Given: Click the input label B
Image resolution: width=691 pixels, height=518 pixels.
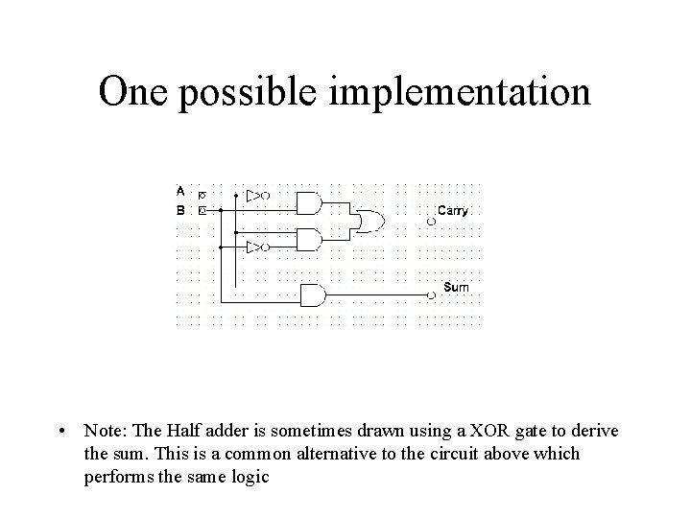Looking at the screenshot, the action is [180, 207].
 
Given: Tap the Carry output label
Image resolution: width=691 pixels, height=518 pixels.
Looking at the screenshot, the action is [453, 210].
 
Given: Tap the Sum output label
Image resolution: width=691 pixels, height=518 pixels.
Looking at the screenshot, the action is [456, 287].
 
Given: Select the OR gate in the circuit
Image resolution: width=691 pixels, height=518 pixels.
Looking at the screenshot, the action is [368, 222].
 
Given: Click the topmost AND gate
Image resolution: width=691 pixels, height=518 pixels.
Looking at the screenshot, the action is [309, 203].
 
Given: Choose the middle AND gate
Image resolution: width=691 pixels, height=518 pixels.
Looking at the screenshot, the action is [309, 239].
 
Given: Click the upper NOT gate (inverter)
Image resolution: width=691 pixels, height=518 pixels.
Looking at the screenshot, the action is [256, 196].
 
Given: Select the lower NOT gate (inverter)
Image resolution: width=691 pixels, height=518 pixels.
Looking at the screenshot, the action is [256, 247].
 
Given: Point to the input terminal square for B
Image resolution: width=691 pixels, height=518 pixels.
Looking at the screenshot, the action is [202, 208].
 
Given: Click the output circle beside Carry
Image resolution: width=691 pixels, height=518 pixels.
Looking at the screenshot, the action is [431, 223].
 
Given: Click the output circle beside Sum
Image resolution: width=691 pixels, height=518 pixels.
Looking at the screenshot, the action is [431, 295].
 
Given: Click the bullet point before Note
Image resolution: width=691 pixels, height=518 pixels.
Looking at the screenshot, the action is [60, 433].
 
